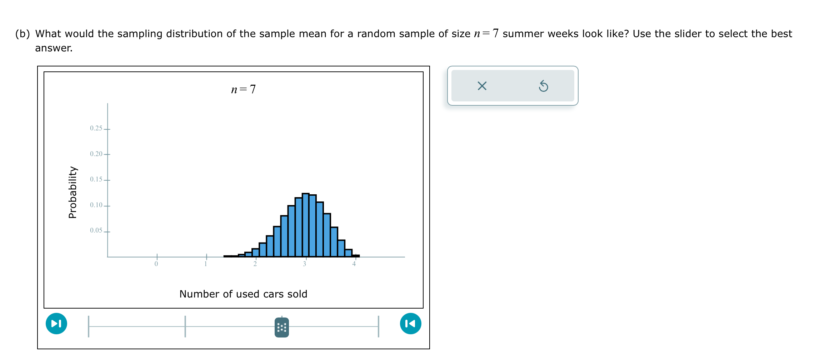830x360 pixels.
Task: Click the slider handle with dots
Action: [281, 327]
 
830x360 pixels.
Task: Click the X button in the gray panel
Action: [482, 86]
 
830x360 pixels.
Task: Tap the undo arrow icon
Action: [543, 86]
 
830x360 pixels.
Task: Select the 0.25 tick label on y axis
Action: [96, 128]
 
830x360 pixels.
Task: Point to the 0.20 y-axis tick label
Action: [96, 154]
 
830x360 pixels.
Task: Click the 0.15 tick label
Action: [96, 179]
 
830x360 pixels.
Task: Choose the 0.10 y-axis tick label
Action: [96, 205]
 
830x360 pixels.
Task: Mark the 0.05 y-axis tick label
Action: [96, 230]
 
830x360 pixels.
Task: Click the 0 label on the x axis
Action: [156, 264]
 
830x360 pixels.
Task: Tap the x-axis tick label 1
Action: [206, 264]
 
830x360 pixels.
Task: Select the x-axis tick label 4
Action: [354, 264]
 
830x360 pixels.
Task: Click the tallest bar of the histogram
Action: [305, 225]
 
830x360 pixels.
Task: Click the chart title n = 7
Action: [243, 89]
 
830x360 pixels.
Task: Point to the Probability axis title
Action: [72, 192]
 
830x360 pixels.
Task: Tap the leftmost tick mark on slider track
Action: [89, 326]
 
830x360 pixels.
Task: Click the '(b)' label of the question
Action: [22, 34]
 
